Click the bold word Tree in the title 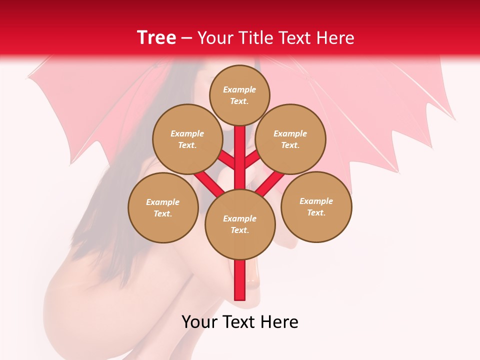point(156,38)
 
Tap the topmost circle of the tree point(239,95)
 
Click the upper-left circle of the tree point(187,139)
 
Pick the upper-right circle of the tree point(290,139)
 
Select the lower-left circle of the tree point(163,207)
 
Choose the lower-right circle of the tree point(316,206)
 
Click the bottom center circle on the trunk point(240,224)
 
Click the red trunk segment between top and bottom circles point(240,157)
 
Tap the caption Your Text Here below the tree point(240,322)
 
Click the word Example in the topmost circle point(239,89)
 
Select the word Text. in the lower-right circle point(316,212)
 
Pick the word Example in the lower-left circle point(163,202)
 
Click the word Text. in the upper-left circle point(187,145)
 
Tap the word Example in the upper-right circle point(290,133)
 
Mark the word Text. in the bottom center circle point(239,230)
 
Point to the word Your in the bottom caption point(199,322)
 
